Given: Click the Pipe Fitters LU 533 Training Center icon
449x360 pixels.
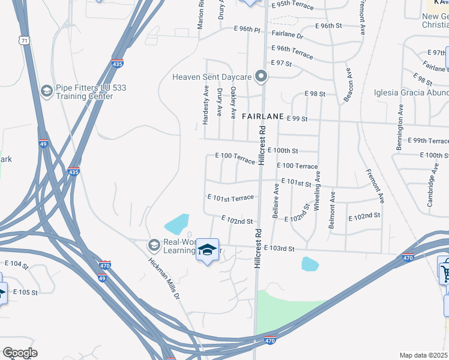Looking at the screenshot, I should pyautogui.click(x=46, y=91).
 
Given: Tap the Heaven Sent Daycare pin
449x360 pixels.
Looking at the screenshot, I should pyautogui.click(x=261, y=76).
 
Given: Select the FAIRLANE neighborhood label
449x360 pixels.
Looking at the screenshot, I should pyautogui.click(x=262, y=118).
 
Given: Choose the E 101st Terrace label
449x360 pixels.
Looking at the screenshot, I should pyautogui.click(x=230, y=197).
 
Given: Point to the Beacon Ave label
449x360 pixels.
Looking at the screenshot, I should pyautogui.click(x=348, y=85).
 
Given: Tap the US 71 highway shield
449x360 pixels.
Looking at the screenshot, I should pyautogui.click(x=23, y=40).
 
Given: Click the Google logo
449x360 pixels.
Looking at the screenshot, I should pyautogui.click(x=19, y=353).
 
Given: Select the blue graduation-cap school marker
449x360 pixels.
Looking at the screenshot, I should pyautogui.click(x=207, y=250).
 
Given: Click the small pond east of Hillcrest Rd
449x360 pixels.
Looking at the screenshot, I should pyautogui.click(x=310, y=263).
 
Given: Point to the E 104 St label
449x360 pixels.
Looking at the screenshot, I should pyautogui.click(x=16, y=264).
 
